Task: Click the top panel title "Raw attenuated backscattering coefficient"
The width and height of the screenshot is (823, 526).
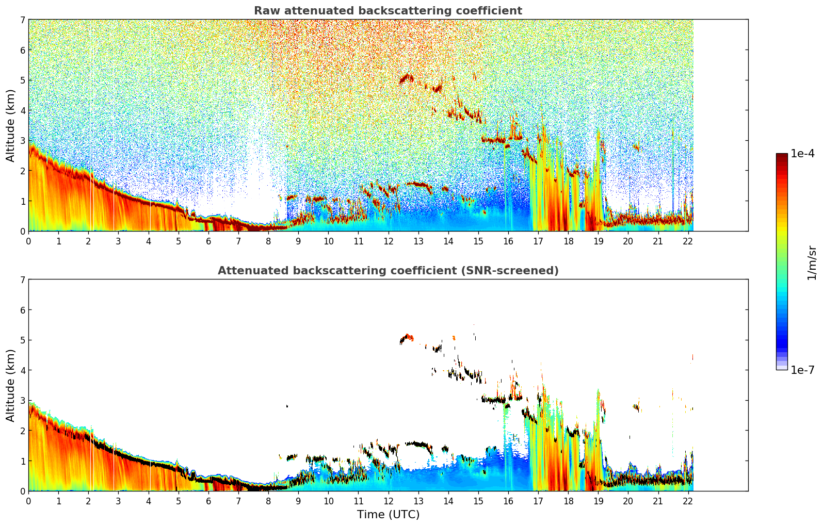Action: click(x=388, y=11)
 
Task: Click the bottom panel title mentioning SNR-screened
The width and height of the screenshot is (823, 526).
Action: click(x=388, y=271)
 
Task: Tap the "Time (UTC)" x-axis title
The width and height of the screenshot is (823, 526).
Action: click(x=388, y=515)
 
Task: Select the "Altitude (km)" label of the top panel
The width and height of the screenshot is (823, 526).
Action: click(x=10, y=125)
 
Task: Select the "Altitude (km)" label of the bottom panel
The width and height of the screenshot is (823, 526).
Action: click(x=10, y=385)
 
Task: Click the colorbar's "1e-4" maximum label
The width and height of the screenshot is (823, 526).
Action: click(x=802, y=154)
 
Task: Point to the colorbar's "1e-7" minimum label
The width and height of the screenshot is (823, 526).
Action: click(x=802, y=370)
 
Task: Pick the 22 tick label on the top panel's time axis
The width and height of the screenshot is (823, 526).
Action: click(x=688, y=241)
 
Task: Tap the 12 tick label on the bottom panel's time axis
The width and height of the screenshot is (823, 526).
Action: click(x=388, y=501)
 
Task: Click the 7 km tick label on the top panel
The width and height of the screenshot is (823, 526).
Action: click(x=22, y=20)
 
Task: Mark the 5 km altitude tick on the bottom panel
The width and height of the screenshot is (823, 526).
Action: click(x=22, y=340)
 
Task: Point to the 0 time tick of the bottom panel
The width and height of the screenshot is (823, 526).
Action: click(x=28, y=501)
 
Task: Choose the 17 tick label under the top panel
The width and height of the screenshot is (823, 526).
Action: click(x=538, y=241)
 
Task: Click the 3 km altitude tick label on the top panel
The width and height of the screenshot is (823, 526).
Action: click(x=22, y=141)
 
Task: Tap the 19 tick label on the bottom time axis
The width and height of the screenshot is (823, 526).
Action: click(x=598, y=501)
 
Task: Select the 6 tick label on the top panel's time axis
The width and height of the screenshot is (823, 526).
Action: click(x=208, y=241)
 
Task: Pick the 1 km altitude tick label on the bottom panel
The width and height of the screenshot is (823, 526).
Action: click(x=22, y=461)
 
